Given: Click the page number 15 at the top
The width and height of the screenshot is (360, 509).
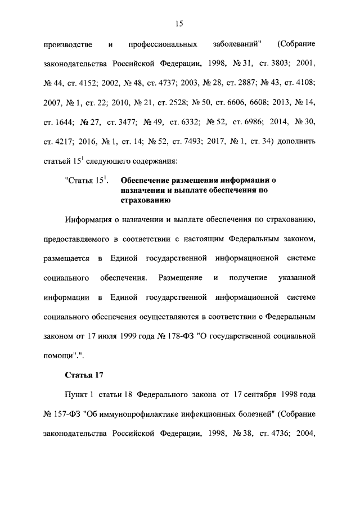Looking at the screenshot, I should [x=179, y=23].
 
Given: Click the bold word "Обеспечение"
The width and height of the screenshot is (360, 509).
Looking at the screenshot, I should [x=146, y=181].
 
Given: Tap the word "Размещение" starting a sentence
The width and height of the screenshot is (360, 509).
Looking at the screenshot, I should [x=181, y=278].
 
